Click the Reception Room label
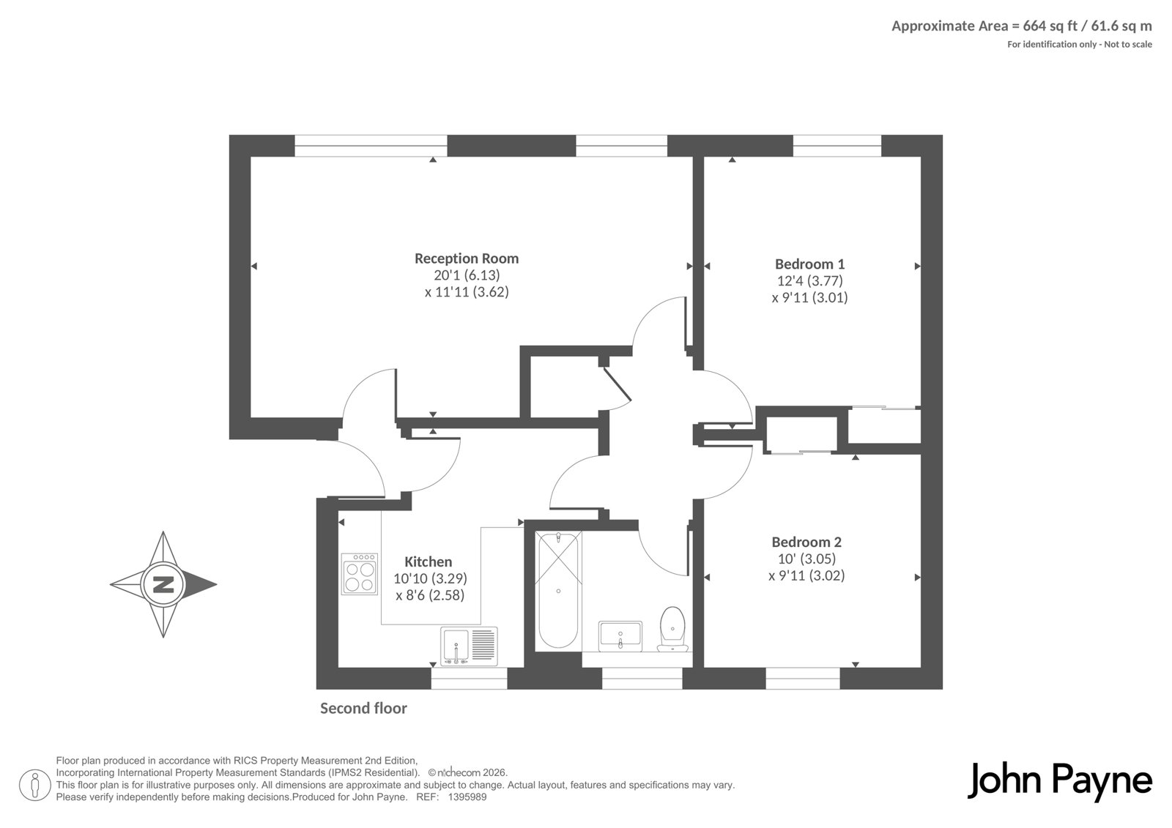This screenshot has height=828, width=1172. pyautogui.click(x=466, y=258)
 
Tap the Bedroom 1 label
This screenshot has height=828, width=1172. pyautogui.click(x=809, y=264)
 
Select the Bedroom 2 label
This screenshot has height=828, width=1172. pyautogui.click(x=806, y=542)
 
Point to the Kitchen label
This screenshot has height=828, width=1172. pyautogui.click(x=428, y=562)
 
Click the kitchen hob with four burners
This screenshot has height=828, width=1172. pyautogui.click(x=360, y=574)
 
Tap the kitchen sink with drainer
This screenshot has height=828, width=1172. pyautogui.click(x=469, y=646)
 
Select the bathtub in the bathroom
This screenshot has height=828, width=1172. pyautogui.click(x=558, y=590)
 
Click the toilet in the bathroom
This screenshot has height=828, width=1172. pyautogui.click(x=673, y=629)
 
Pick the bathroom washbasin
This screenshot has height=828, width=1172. pyautogui.click(x=620, y=636)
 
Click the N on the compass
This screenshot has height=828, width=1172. pyautogui.click(x=163, y=584)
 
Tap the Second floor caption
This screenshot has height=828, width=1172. pyautogui.click(x=363, y=708)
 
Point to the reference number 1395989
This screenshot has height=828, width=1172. pyautogui.click(x=467, y=797)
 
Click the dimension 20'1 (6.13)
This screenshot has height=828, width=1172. pyautogui.click(x=467, y=275)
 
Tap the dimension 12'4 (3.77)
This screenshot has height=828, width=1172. pyautogui.click(x=810, y=281)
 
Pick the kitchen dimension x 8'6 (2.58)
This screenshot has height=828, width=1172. pyautogui.click(x=430, y=595)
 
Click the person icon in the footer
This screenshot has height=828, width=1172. pyautogui.click(x=34, y=786)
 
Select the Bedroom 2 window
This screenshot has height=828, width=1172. pyautogui.click(x=803, y=679)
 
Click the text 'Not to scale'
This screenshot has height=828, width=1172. pyautogui.click(x=1128, y=45)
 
